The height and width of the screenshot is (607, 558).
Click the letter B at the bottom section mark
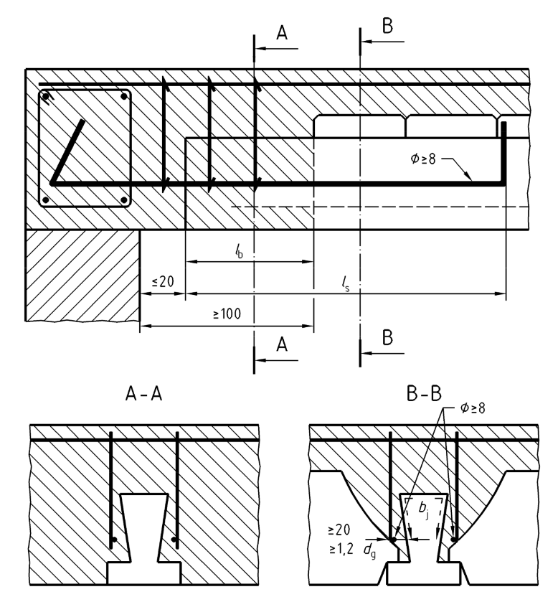coord(387,337)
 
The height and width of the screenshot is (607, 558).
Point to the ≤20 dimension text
coord(163,282)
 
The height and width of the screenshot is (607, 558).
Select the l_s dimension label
coord(346,282)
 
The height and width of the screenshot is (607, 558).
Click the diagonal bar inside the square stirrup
coord(68,151)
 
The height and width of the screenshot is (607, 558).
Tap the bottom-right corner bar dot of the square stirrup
coord(125,200)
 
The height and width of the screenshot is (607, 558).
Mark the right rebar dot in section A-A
coord(174,540)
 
